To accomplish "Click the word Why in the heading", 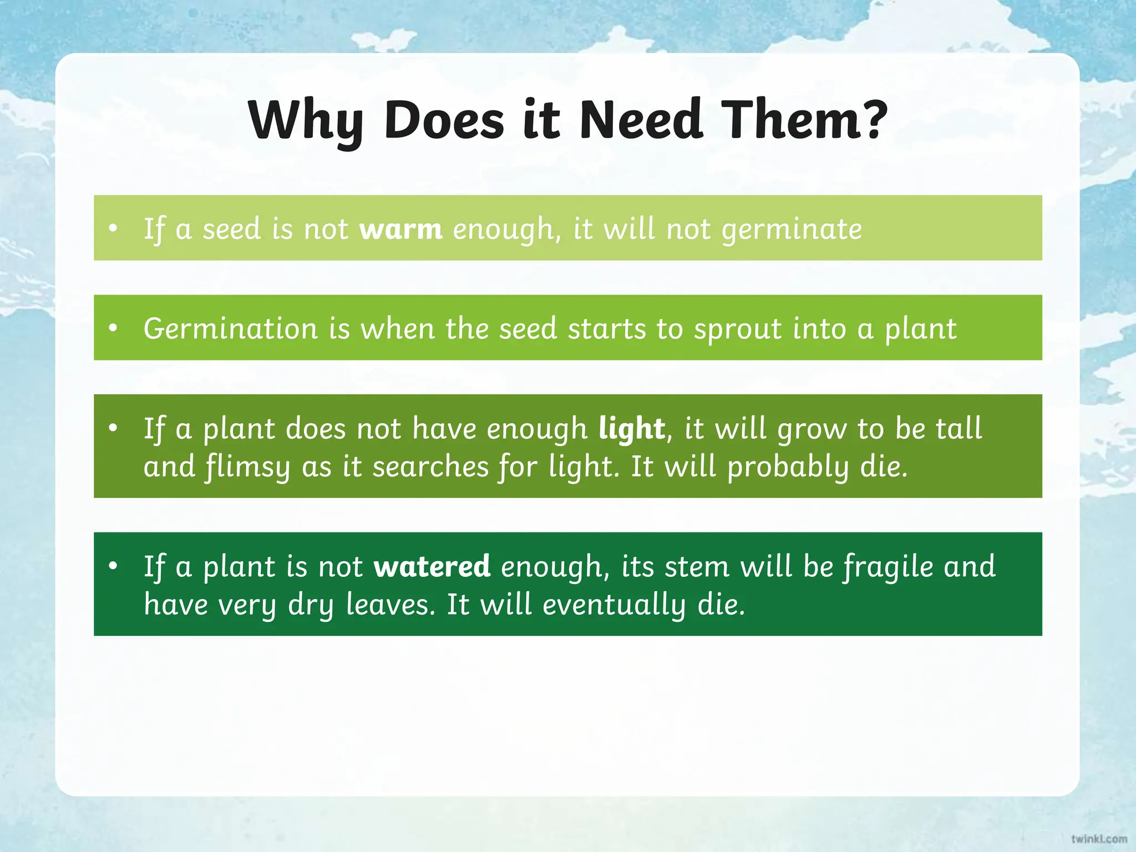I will [x=306, y=121].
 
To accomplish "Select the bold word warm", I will [x=400, y=229].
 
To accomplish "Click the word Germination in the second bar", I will [x=230, y=329].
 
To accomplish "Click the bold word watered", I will [x=432, y=566].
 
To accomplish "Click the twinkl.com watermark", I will [x=1099, y=839].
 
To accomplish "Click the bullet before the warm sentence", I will [x=114, y=229].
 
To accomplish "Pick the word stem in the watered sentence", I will [x=697, y=567].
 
